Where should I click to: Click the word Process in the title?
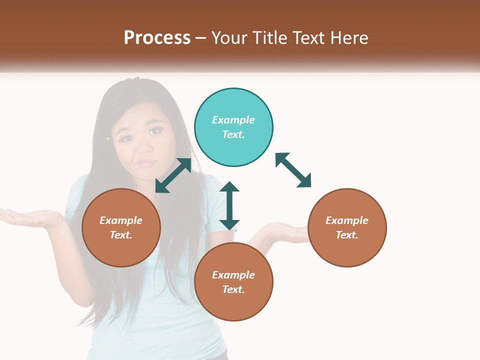pyautogui.click(x=157, y=37)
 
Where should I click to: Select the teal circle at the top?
pyautogui.click(x=233, y=127)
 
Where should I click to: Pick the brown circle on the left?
pyautogui.click(x=121, y=227)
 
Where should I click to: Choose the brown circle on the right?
pyautogui.click(x=347, y=227)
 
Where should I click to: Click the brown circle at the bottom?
pyautogui.click(x=233, y=282)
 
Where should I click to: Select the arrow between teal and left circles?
pyautogui.click(x=173, y=175)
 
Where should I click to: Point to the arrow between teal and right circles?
pyautogui.click(x=293, y=170)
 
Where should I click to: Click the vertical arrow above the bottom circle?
pyautogui.click(x=229, y=205)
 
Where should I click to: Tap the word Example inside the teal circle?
pyautogui.click(x=233, y=120)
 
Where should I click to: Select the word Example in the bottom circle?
pyautogui.click(x=233, y=275)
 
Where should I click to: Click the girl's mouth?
pyautogui.click(x=146, y=163)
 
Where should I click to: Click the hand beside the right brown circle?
pyautogui.click(x=282, y=231)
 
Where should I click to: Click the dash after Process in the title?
pyautogui.click(x=201, y=38)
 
